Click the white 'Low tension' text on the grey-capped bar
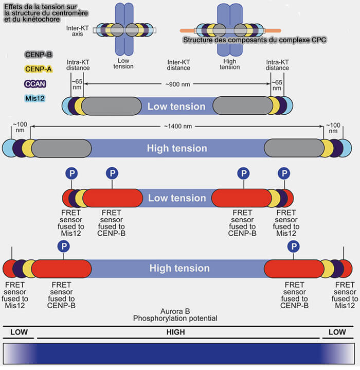176,107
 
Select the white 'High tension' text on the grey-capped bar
177,149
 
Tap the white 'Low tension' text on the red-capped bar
176,198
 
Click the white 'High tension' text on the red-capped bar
179,268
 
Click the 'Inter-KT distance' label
178,64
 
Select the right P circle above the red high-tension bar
294,246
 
